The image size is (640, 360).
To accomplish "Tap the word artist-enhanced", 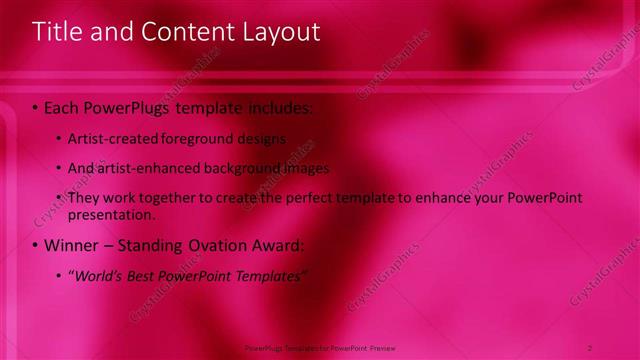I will point(143,168).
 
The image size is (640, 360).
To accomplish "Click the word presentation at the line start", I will point(111,214).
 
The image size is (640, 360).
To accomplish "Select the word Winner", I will point(71,245).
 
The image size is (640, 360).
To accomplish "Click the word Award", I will point(275,245).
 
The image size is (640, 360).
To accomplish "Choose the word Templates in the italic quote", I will point(267,276).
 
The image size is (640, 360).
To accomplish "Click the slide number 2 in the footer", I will point(590,347).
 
